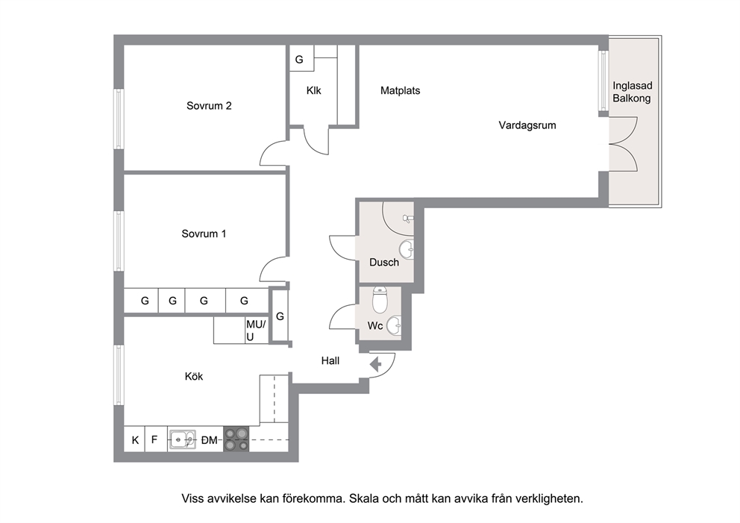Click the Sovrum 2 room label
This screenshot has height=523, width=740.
click(x=209, y=106)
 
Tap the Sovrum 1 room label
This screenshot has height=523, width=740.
click(x=204, y=234)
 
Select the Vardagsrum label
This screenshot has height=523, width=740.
click(x=527, y=125)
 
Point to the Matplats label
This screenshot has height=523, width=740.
click(x=400, y=90)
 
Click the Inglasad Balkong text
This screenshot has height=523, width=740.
click(x=632, y=92)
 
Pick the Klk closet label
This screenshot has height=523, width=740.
click(x=313, y=90)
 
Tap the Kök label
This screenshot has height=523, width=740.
click(x=194, y=376)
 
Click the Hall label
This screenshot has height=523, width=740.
click(x=330, y=361)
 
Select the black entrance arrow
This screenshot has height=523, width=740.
click(x=376, y=364)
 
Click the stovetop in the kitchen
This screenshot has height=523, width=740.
click(x=236, y=439)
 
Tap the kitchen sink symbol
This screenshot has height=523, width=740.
click(x=183, y=439)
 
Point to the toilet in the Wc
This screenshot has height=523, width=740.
click(x=380, y=298)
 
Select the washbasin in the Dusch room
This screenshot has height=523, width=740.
click(x=407, y=248)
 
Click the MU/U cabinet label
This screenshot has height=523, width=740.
click(x=255, y=331)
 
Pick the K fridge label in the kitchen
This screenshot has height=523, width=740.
click(x=136, y=440)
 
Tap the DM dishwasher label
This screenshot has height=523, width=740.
click(x=209, y=440)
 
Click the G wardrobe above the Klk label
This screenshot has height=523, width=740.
click(x=299, y=60)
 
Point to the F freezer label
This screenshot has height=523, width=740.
click(x=154, y=440)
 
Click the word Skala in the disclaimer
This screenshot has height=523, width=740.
click(x=364, y=498)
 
